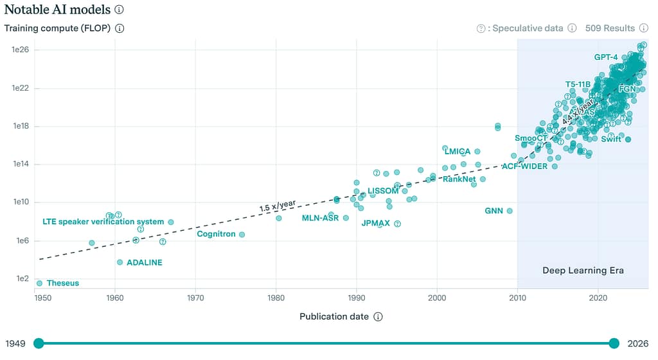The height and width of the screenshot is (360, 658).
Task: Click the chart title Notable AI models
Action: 57,10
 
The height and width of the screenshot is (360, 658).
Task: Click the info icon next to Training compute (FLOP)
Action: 120,28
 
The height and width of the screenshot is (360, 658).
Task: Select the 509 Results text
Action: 610,28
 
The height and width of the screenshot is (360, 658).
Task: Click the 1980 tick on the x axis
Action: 276,297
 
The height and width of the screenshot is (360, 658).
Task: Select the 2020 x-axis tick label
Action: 598,297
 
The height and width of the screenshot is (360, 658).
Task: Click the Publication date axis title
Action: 333,316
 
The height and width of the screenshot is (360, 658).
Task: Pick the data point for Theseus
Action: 40,283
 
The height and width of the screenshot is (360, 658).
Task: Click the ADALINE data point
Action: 120,262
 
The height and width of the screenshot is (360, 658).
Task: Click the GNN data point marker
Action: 510,211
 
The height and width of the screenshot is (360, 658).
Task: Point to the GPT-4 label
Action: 605,57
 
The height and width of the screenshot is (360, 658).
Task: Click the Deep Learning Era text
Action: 583,270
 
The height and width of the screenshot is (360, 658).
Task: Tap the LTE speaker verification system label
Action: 103,222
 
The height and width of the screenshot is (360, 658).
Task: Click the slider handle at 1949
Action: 39,343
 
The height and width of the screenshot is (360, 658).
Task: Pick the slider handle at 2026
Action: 614,343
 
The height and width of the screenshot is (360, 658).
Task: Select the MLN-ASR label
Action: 320,218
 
